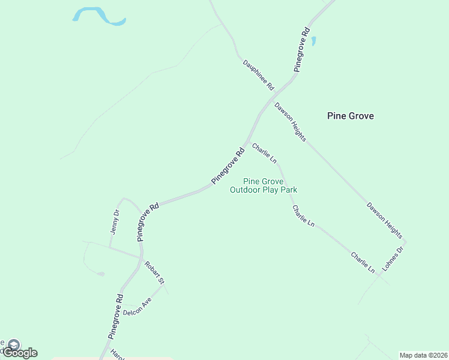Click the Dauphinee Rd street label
[x=258, y=75]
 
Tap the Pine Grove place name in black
[x=351, y=116]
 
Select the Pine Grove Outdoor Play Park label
[x=264, y=185]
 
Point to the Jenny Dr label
[x=115, y=221]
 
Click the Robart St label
[x=154, y=272]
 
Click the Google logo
[x=20, y=353]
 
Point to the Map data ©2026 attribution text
[x=424, y=355]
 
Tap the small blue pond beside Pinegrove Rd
[x=313, y=41]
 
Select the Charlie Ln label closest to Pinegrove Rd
[x=264, y=153]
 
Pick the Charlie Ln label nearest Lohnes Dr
[x=363, y=263]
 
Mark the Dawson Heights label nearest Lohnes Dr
[x=384, y=220]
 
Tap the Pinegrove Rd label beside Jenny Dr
[x=148, y=221]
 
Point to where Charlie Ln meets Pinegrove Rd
[x=247, y=142]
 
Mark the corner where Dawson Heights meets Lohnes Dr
[x=406, y=242]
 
